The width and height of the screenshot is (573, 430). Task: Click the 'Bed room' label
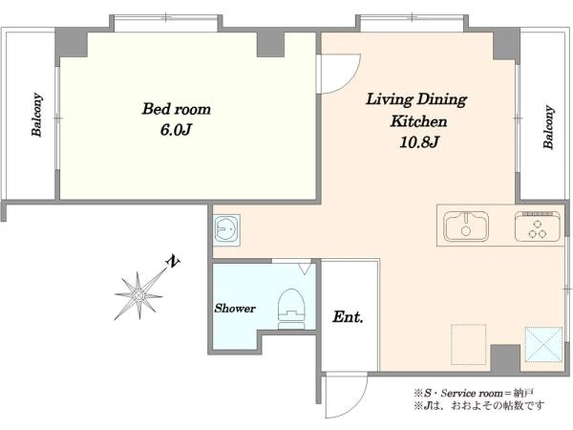tap(177, 109)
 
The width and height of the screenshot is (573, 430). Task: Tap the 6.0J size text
tap(176, 130)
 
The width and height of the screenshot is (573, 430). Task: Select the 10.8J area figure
tap(419, 141)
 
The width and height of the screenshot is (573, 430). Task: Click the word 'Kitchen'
tap(418, 121)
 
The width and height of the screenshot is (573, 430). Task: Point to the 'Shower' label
tap(235, 309)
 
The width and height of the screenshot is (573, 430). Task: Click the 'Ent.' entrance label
tap(348, 316)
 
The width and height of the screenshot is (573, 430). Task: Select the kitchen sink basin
tap(466, 226)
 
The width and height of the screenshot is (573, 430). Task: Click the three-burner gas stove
tap(537, 226)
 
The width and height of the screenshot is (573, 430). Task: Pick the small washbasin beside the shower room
tap(227, 229)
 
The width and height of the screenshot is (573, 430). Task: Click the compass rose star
tap(138, 294)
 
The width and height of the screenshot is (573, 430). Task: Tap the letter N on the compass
tap(173, 261)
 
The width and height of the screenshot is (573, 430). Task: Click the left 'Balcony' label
tap(37, 116)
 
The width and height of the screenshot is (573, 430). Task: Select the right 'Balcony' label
tap(548, 127)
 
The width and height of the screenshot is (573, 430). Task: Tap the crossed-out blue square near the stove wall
tap(543, 345)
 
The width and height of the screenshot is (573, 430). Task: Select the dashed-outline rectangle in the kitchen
tap(469, 344)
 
